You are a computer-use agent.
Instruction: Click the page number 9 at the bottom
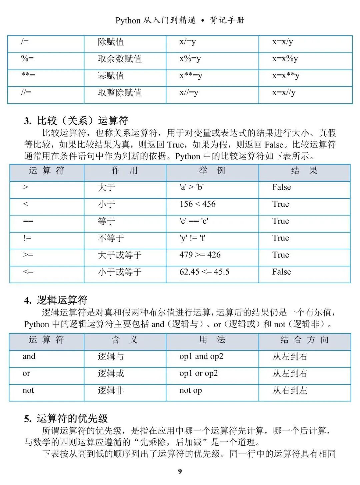click(180, 471)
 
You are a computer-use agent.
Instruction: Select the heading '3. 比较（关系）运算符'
click(76, 121)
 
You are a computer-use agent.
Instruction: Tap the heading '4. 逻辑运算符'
click(56, 300)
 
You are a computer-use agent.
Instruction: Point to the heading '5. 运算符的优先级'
click(66, 418)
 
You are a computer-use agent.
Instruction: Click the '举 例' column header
click(212, 171)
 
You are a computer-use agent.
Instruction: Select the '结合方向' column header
click(304, 340)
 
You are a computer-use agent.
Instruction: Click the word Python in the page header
click(128, 21)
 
